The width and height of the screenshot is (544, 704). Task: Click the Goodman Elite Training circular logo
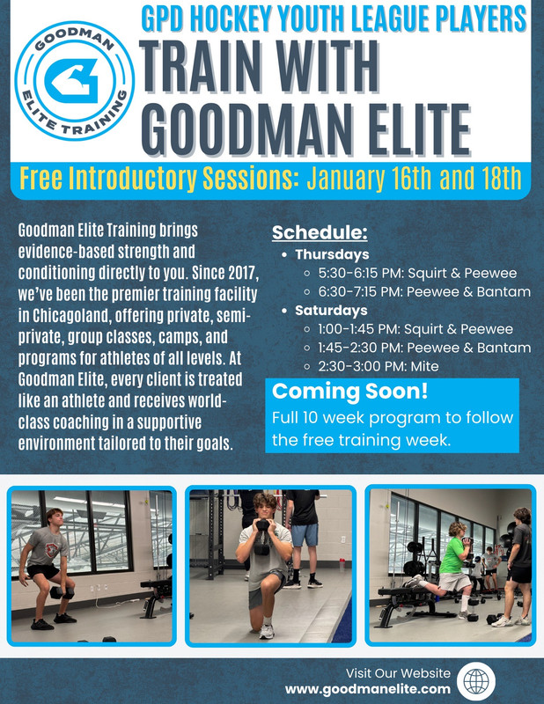pos(75,81)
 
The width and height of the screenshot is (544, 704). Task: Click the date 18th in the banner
pos(498,179)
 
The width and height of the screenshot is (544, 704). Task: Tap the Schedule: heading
pos(320,232)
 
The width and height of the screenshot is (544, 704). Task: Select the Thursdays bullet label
pos(332,254)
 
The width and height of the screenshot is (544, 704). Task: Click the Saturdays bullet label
pos(331,311)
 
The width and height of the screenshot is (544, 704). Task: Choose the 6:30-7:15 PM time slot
pos(360,292)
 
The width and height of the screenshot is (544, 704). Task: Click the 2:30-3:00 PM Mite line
pos(379,366)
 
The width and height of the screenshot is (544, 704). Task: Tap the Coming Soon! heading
pos(349,391)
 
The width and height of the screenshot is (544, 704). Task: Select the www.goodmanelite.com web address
pos(367,689)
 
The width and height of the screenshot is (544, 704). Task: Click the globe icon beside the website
pos(476,681)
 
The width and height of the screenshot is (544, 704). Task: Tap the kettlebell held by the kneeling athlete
pos(262,537)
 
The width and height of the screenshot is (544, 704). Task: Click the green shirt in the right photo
pos(452,555)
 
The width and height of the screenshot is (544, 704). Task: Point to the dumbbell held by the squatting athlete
pos(62,593)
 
